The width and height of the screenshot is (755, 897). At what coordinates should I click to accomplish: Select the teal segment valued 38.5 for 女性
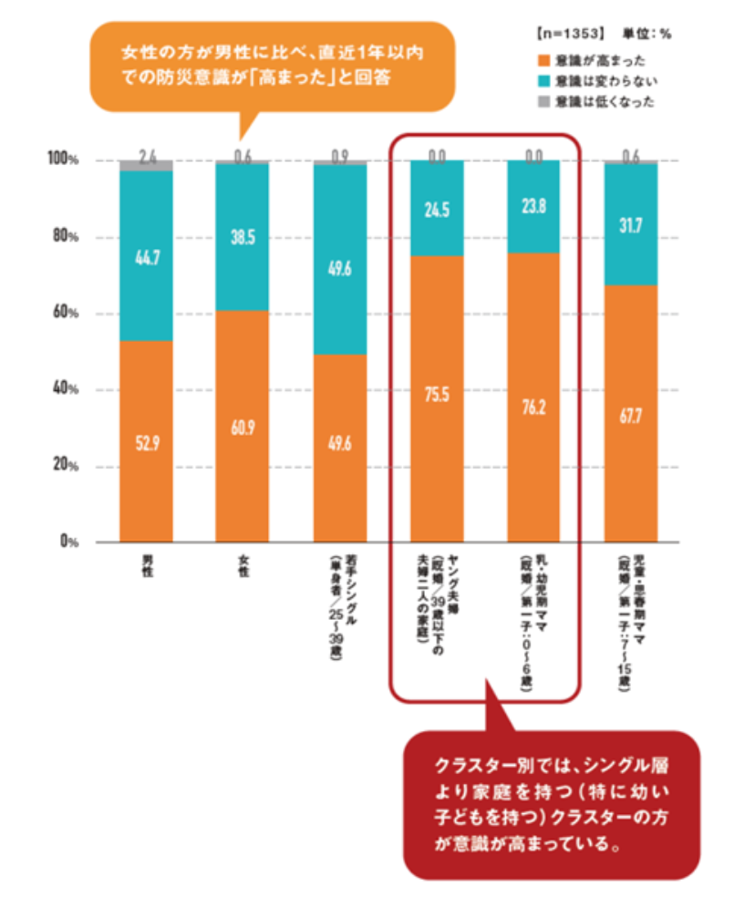pos(242,237)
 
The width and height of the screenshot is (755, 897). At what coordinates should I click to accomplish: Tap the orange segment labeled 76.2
pos(533,397)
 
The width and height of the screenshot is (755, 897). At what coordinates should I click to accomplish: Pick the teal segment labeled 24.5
pos(437,208)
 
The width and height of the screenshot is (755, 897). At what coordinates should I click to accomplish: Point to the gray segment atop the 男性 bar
pos(146,165)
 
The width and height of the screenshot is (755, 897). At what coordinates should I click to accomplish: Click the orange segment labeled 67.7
pos(630,413)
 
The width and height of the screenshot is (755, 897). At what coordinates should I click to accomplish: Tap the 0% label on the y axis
pos(65,541)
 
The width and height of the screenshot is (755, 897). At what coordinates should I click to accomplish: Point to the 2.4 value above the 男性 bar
pos(147,154)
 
